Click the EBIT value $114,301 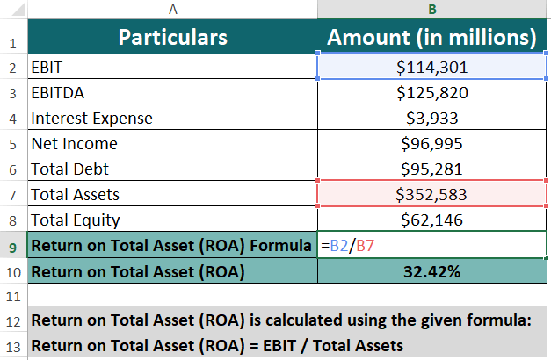coord(431,67)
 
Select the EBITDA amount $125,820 coord(431,92)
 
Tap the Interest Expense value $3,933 coord(431,118)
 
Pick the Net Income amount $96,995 coord(431,143)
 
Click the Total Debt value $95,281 coord(431,169)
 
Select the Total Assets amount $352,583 coord(431,194)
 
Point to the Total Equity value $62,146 coord(431,220)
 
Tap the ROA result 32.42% coord(431,271)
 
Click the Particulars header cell coord(172,38)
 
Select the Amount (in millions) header coord(431,38)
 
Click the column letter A coord(172,9)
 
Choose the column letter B coord(431,9)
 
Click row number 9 coord(12,246)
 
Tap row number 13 coord(12,345)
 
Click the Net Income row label coord(74,143)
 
